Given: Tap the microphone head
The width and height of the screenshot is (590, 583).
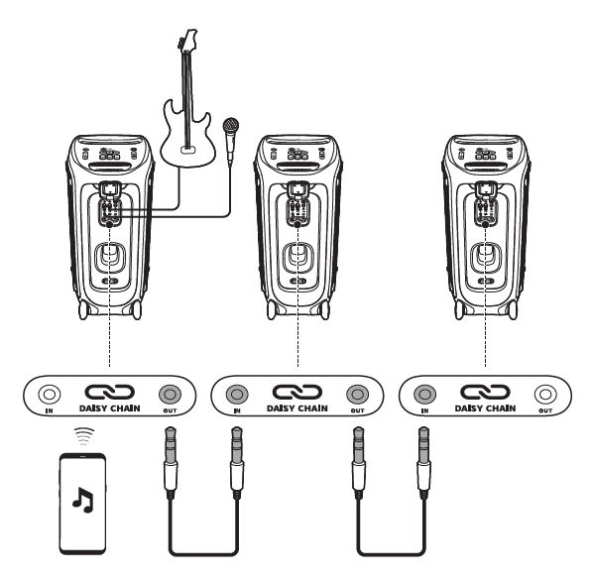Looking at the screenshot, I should (x=232, y=126).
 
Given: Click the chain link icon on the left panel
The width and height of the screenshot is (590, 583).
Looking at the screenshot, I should (x=109, y=390).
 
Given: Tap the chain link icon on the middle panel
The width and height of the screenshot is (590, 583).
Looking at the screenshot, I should (x=296, y=390).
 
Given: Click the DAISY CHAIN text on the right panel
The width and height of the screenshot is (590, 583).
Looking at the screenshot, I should (x=483, y=408).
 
